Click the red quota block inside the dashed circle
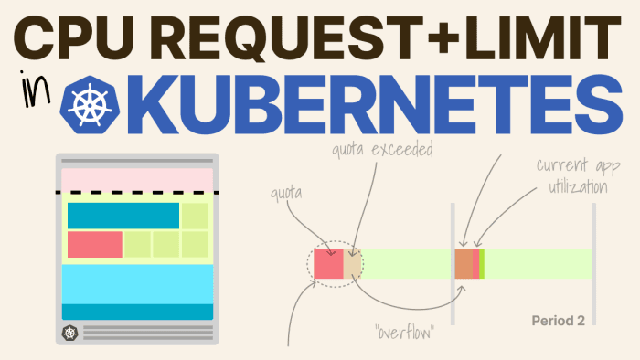pos(327,263)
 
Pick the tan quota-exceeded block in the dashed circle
pos(352,263)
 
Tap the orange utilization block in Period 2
pos(466,263)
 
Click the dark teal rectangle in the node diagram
pos(123,216)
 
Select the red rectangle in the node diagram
pos(94,244)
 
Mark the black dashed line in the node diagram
pos(136,193)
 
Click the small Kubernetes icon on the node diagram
pos(69,334)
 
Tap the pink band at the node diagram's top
pos(136,179)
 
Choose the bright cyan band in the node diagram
pos(136,282)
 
